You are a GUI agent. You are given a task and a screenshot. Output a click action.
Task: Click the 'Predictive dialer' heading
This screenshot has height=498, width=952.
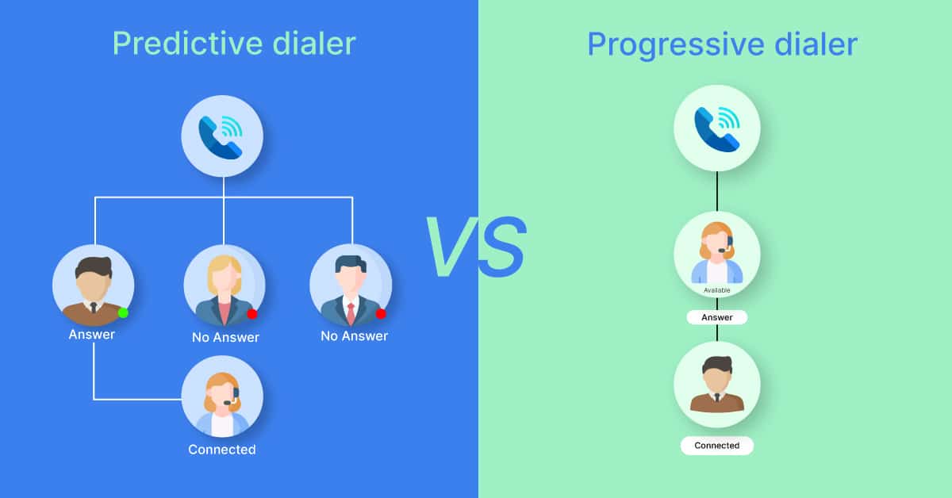234,44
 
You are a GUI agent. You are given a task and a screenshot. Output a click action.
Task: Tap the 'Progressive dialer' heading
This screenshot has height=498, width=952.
722,45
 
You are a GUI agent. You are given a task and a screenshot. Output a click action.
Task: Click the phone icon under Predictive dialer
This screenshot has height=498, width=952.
222,136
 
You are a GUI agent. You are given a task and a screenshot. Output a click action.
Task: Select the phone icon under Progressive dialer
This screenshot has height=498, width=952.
717,128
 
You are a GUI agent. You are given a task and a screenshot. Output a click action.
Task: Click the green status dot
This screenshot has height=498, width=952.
123,313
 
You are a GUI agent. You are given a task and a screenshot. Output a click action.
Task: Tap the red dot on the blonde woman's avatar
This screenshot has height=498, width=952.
252,314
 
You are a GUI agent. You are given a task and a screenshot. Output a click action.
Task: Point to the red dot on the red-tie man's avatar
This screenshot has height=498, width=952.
381,314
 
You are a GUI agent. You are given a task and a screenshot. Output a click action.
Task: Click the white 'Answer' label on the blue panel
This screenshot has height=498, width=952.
92,335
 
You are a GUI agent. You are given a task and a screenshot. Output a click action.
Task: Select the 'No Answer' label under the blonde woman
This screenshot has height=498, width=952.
225,337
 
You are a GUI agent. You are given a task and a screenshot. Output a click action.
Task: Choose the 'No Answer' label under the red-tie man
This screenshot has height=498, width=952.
354,336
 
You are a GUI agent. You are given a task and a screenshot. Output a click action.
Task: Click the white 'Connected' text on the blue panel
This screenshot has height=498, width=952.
222,450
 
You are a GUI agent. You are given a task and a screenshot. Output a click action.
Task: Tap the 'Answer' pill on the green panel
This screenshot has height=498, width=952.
717,317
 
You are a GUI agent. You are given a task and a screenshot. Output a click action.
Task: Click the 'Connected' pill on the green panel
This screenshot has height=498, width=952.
717,446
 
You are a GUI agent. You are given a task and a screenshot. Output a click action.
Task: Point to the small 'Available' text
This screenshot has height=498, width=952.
717,290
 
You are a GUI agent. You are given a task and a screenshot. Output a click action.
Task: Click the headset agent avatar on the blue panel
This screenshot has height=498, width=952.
222,396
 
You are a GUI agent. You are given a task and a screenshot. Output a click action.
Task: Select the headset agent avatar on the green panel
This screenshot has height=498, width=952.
717,254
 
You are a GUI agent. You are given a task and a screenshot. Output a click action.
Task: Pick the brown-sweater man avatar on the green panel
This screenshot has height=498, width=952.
717,385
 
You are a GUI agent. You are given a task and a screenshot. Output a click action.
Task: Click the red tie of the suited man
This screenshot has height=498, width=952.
351,313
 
